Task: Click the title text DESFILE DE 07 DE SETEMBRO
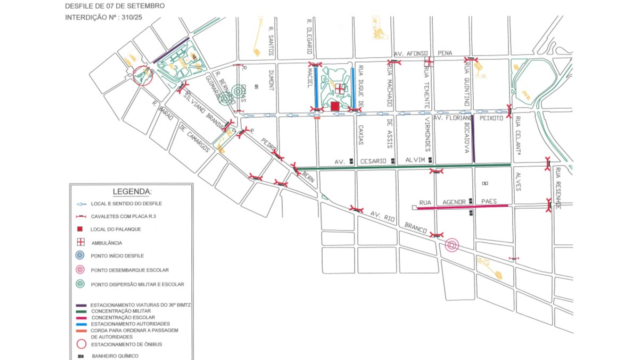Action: (114, 6)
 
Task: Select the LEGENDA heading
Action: (132, 191)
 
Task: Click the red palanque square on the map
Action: (335, 106)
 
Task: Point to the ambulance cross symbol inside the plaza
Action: (339, 89)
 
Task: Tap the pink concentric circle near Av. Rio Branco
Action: (452, 245)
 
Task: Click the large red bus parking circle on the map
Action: (143, 75)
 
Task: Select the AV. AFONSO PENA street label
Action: (423, 53)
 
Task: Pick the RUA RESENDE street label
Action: (558, 187)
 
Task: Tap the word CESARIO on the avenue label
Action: (373, 161)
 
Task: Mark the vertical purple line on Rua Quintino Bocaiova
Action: (473, 138)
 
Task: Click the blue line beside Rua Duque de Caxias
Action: (353, 87)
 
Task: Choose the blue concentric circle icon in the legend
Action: (80, 255)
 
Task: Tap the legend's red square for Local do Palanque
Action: (80, 229)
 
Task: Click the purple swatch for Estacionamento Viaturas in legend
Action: (80, 304)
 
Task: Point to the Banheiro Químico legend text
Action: (115, 356)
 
